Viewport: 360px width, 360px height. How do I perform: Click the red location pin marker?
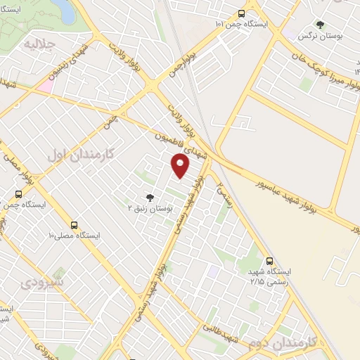[181, 166]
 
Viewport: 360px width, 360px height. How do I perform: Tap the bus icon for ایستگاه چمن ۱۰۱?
[242, 13]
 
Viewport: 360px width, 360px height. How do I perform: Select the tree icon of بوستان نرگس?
[320, 25]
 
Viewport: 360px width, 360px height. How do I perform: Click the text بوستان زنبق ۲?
[149, 210]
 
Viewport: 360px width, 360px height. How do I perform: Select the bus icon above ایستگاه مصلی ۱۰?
[75, 225]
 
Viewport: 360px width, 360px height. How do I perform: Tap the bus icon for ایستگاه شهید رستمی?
[270, 261]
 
